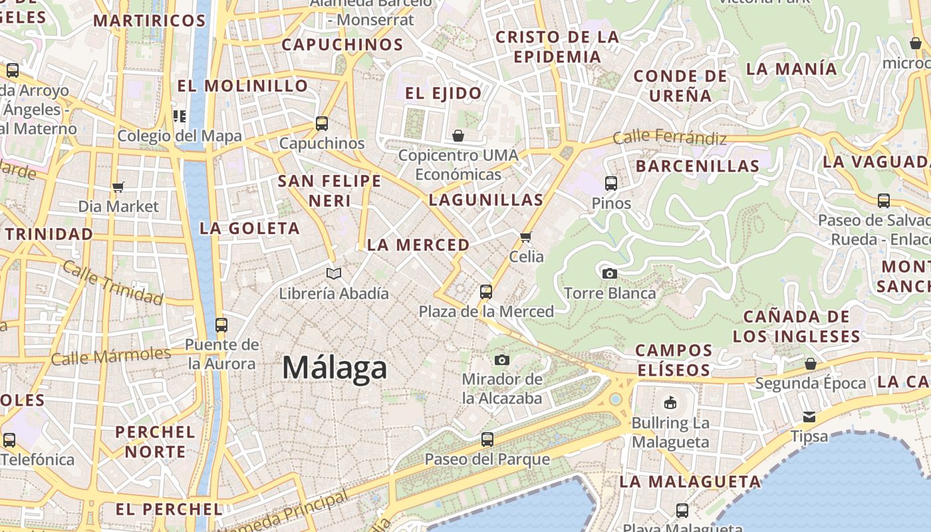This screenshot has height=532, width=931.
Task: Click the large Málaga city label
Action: coord(334,368)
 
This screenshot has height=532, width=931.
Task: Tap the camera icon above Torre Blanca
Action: coord(609,273)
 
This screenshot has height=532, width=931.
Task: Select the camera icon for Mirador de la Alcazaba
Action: coord(502,360)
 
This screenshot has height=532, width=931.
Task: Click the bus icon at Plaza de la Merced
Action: coord(486,291)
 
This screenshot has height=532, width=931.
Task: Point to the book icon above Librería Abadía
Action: coord(334,273)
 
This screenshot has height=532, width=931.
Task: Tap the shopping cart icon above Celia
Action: coord(526,237)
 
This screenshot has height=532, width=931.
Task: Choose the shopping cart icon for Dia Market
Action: coord(118,187)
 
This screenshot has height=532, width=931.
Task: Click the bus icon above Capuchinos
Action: coord(322,123)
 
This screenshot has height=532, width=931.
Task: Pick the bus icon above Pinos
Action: coord(611,183)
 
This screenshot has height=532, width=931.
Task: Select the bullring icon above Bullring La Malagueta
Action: coord(670,402)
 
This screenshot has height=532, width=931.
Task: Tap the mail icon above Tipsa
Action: coord(809,417)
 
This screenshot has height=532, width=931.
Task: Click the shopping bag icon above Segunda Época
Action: coord(810,364)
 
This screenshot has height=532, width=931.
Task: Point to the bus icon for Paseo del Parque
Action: coord(487,439)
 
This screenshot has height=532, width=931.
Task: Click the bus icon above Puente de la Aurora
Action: coord(221,325)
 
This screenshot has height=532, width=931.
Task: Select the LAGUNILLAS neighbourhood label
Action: coord(486,199)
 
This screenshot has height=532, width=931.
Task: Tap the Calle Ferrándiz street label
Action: coord(669,138)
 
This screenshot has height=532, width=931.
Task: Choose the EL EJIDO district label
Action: coord(443,93)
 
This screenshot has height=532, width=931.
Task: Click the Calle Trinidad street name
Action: coord(112,284)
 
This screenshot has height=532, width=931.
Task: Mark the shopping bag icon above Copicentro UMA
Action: coord(458,136)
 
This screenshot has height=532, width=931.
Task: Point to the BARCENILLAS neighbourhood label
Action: coord(698,166)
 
